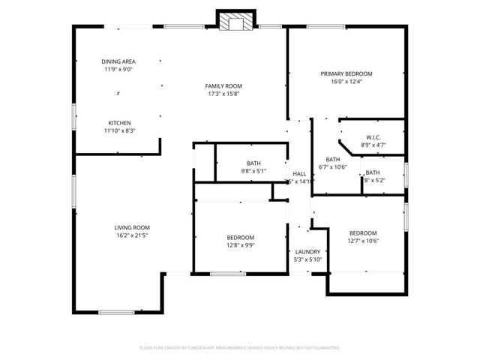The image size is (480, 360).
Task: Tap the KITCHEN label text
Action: point(120,123)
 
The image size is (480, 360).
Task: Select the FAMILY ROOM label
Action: point(224,86)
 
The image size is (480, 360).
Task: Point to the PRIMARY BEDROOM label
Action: point(346,73)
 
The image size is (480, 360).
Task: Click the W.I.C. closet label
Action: point(373,137)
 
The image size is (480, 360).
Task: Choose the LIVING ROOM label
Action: point(132,227)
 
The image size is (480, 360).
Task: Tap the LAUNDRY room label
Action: point(307,252)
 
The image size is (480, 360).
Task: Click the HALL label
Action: point(299,173)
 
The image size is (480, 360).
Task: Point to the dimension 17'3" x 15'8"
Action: point(224,94)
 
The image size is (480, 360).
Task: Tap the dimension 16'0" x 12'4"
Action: point(346,82)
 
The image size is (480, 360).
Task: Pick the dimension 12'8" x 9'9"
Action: point(241,244)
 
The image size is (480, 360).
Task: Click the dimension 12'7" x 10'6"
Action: point(363,241)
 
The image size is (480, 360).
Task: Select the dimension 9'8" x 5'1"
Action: point(253,171)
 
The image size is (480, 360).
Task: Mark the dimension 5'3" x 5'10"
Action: point(307,260)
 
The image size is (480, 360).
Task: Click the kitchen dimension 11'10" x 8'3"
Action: point(120,131)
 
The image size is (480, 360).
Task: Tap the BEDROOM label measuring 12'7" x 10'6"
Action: point(363,232)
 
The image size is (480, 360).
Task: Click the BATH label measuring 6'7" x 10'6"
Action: point(333,159)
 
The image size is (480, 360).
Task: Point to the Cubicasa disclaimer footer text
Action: point(240,348)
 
